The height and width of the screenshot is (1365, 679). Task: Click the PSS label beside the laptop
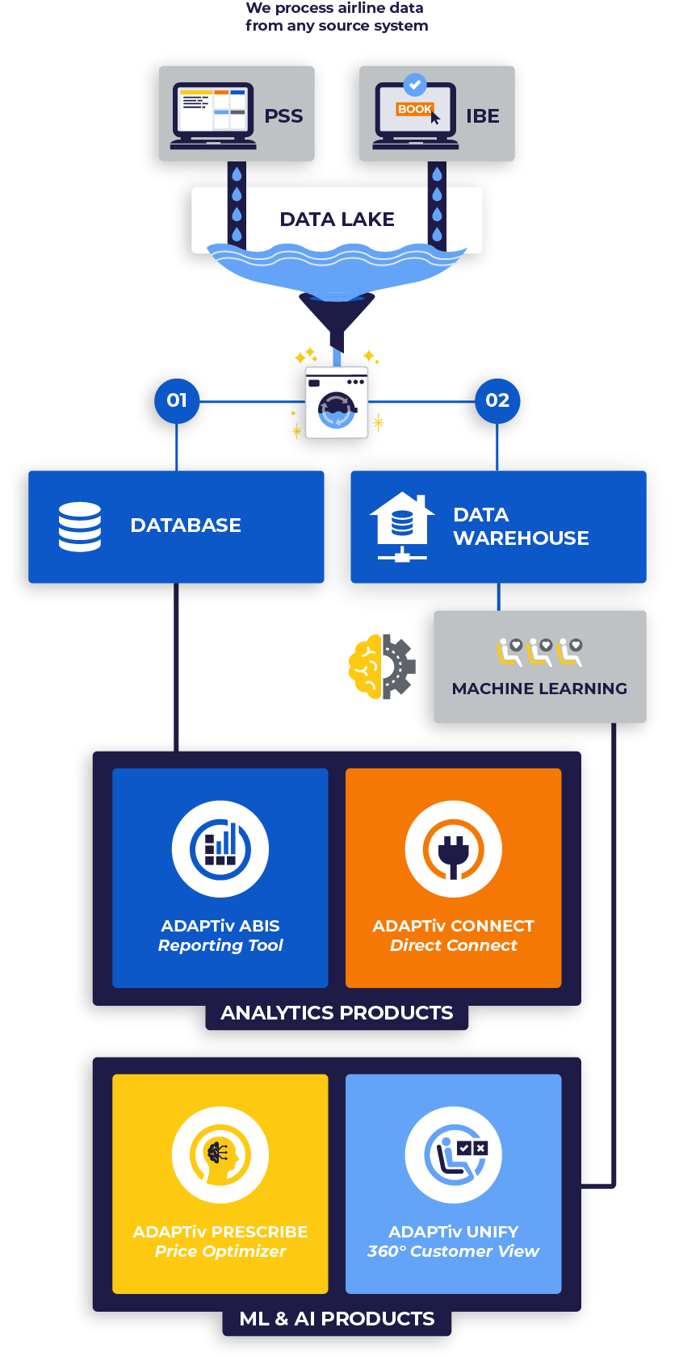pyautogui.click(x=283, y=116)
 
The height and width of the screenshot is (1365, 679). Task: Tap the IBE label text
pyautogui.click(x=482, y=116)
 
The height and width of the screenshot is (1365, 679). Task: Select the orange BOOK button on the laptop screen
pyautogui.click(x=414, y=109)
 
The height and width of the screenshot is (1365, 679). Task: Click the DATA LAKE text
pyautogui.click(x=337, y=220)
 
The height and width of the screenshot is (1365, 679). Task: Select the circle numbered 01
pyautogui.click(x=177, y=400)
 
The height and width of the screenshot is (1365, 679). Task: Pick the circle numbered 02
pyautogui.click(x=497, y=400)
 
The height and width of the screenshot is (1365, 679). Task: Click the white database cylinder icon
pyautogui.click(x=80, y=526)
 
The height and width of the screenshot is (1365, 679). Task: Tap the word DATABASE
pyautogui.click(x=186, y=525)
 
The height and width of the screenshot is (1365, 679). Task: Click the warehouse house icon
pyautogui.click(x=401, y=525)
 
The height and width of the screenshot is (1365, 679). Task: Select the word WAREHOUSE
pyautogui.click(x=521, y=538)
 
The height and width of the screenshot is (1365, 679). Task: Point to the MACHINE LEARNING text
pyautogui.click(x=539, y=689)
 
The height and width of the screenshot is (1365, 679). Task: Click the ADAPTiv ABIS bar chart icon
pyautogui.click(x=220, y=849)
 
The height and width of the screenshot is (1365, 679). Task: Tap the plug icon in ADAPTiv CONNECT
pyautogui.click(x=453, y=850)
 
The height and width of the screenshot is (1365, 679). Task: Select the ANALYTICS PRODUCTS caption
pyautogui.click(x=337, y=1013)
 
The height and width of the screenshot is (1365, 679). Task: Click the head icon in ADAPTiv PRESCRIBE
pyautogui.click(x=220, y=1155)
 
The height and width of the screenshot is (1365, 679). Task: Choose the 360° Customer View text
pyautogui.click(x=453, y=1251)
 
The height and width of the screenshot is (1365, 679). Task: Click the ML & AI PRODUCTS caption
pyautogui.click(x=337, y=1319)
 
